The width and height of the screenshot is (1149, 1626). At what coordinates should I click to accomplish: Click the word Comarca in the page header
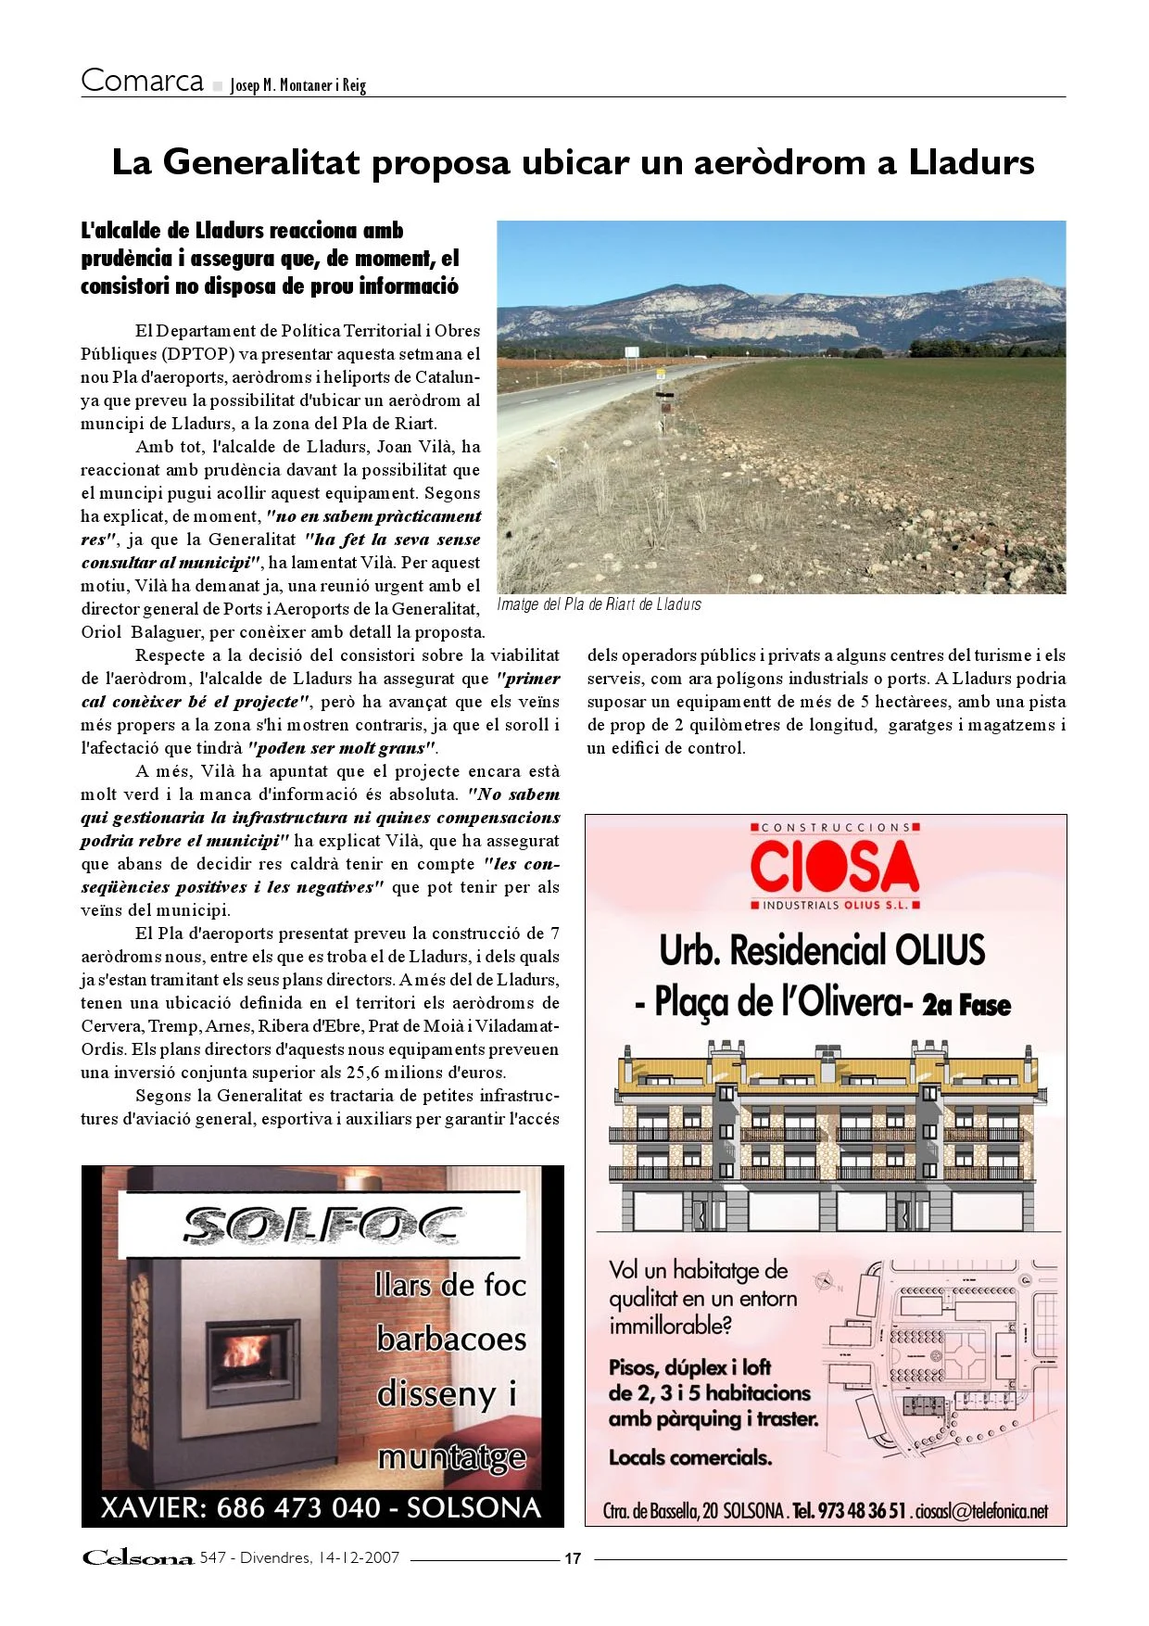pos(142,81)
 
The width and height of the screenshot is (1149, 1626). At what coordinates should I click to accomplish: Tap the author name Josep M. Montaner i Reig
pos(297,85)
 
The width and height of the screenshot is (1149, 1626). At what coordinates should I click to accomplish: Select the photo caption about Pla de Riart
pos(599,604)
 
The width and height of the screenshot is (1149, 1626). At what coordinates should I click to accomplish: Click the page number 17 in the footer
pos(573,1558)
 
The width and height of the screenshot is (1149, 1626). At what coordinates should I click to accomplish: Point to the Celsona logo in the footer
pos(138,1557)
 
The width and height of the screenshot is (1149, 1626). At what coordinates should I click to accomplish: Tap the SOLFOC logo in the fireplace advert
pos(321,1225)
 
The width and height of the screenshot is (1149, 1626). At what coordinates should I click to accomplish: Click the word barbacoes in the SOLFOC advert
pos(451,1340)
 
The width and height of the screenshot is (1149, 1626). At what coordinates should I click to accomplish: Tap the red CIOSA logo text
pos(834,866)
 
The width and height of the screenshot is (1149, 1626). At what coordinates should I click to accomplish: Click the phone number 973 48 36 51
pos(862,1511)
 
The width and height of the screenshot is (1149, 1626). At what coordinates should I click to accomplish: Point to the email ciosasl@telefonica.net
pos(981,1511)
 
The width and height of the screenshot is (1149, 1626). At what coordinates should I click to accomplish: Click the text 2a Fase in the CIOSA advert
pos(966,1005)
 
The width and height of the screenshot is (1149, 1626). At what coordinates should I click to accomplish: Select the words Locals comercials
pos(689,1457)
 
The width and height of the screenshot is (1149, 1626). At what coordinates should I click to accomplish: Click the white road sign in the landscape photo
pos(632,352)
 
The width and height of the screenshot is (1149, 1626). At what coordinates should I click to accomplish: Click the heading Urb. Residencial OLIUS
pos(822,950)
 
